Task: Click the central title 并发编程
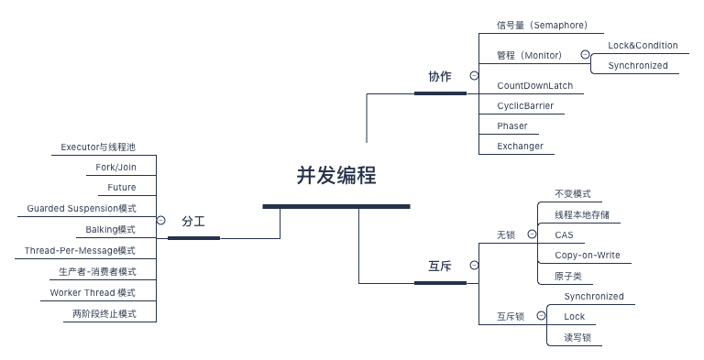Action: click(x=335, y=176)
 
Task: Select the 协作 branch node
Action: click(x=440, y=77)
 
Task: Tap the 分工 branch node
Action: click(x=192, y=222)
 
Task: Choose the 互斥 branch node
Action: click(x=440, y=267)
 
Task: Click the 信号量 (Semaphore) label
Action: click(x=542, y=25)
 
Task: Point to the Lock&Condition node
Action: click(x=643, y=45)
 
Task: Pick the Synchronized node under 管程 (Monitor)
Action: click(x=637, y=66)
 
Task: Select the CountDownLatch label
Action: click(x=534, y=85)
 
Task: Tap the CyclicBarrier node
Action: click(x=525, y=105)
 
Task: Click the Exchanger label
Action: click(x=520, y=146)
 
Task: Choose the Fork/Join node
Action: click(x=115, y=167)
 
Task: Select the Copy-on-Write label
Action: click(x=587, y=255)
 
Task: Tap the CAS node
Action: click(x=564, y=235)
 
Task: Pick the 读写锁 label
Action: click(x=577, y=337)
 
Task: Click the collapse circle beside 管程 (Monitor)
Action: click(x=585, y=55)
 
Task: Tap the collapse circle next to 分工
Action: click(x=161, y=221)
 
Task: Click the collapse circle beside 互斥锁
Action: click(x=541, y=316)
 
